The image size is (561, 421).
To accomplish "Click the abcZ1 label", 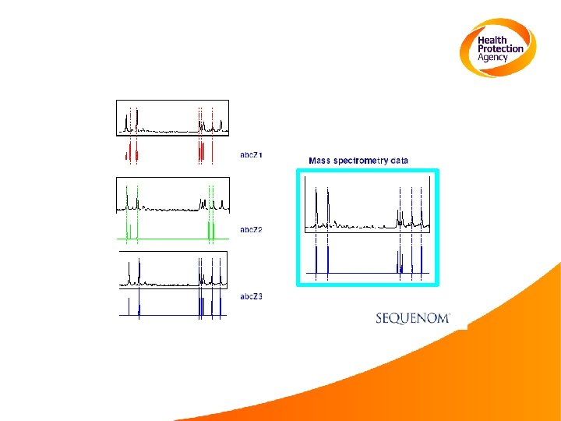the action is [x=251, y=155].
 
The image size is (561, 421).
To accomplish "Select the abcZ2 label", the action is [x=251, y=230].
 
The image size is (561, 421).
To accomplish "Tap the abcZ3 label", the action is [x=251, y=297].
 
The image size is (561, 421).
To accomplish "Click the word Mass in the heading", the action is [x=319, y=161].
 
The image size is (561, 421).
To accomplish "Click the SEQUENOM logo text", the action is [x=412, y=318].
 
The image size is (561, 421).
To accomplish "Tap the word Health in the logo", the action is [x=492, y=40].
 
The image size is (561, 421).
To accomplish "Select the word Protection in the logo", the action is [x=500, y=48].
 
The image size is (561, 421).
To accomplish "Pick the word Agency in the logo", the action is [x=493, y=57].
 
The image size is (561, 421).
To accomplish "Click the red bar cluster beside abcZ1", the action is [x=201, y=152].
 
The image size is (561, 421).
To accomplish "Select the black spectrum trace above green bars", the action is [x=171, y=208].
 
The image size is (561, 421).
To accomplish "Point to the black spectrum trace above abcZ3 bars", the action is [x=171, y=281].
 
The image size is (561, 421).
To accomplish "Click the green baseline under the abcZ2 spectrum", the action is [x=171, y=238].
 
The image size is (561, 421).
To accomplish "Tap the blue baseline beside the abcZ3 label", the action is [x=171, y=315].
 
